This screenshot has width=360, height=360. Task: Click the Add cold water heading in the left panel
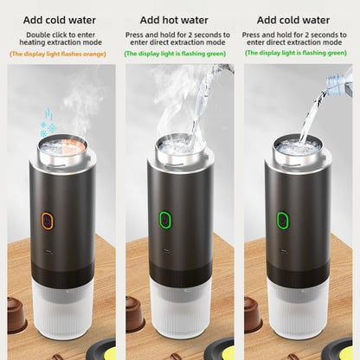[x=60, y=20]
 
